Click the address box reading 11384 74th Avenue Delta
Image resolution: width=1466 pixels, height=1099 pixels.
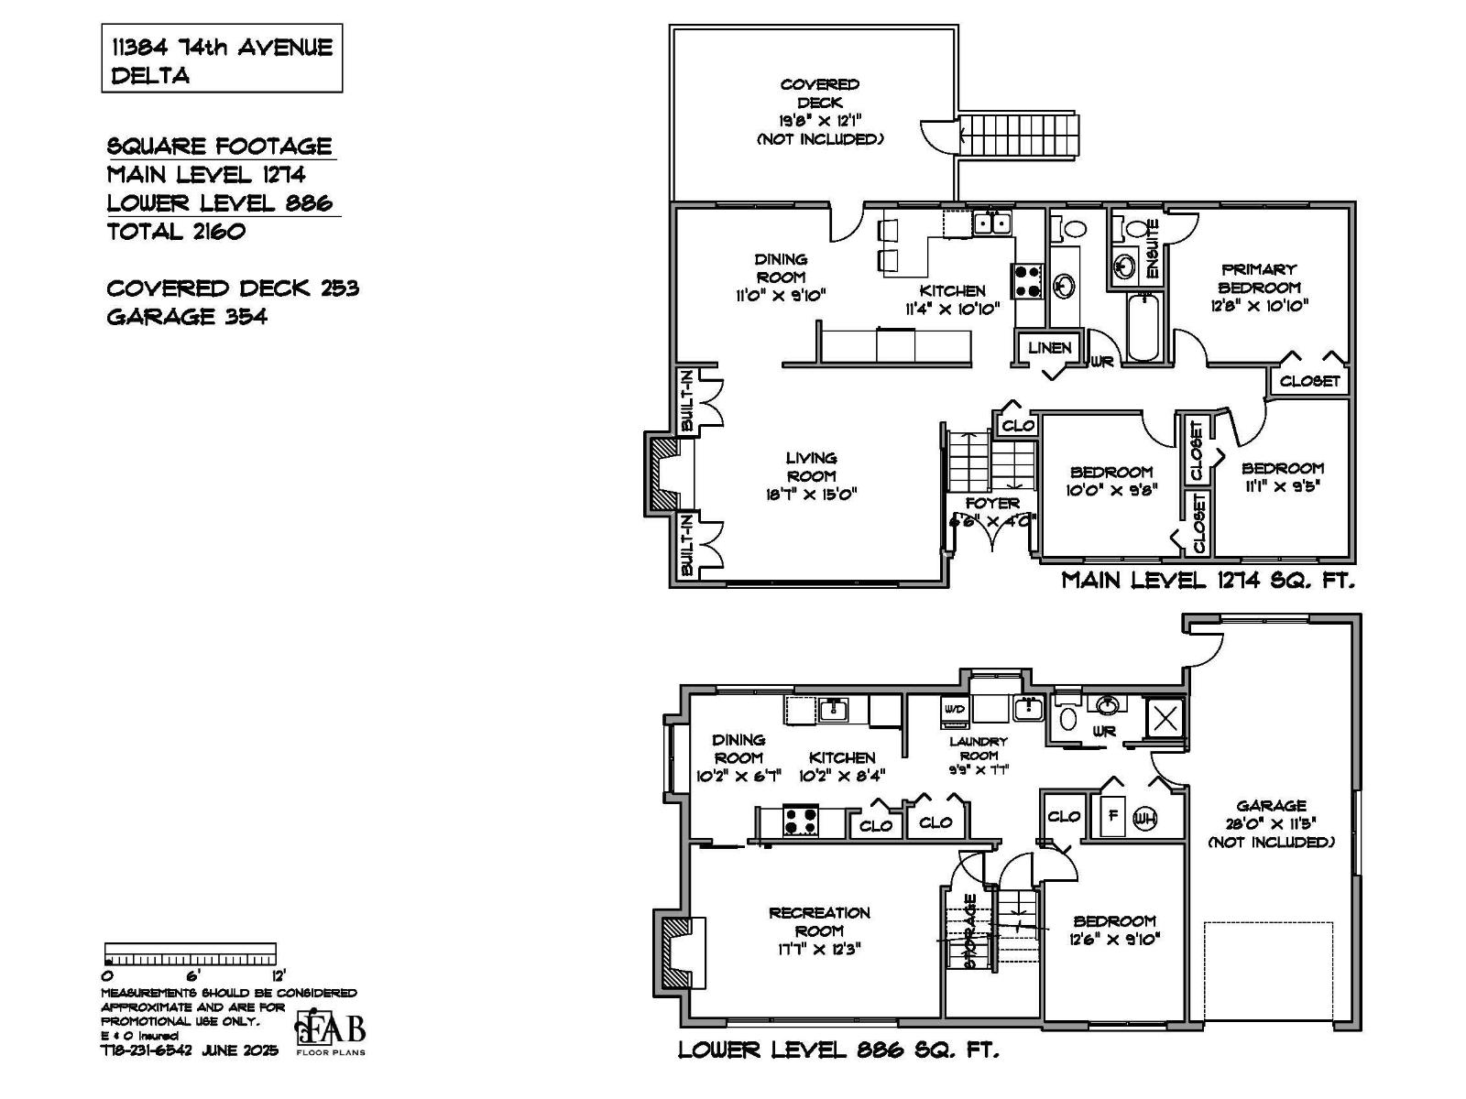[221, 60]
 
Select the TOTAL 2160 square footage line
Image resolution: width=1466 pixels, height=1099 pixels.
[176, 232]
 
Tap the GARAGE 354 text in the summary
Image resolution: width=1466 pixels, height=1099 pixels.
[187, 317]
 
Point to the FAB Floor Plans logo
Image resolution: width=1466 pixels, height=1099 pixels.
[330, 1033]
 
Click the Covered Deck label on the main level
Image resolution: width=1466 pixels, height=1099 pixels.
[819, 93]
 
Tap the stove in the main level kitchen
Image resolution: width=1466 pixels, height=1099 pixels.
[1027, 280]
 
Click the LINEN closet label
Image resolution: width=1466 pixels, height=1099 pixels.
[1049, 348]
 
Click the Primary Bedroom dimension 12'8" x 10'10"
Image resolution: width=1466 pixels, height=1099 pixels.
[1259, 306]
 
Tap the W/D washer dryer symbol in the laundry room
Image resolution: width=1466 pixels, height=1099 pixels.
[954, 710]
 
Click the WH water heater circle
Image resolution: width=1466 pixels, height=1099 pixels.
[1144, 819]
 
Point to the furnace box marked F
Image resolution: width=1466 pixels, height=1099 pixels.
[1111, 817]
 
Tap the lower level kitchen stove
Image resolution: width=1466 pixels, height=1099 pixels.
[800, 820]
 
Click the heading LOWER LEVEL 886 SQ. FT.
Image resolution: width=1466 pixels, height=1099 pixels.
[837, 1050]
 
